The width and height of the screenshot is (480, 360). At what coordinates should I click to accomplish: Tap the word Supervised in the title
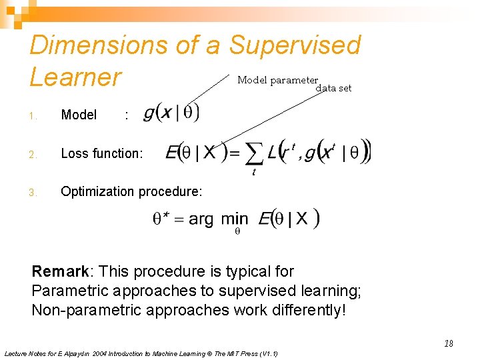[x=295, y=45]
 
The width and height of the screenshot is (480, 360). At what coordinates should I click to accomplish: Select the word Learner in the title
[x=75, y=77]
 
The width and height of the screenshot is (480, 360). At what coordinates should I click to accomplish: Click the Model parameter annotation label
[x=277, y=80]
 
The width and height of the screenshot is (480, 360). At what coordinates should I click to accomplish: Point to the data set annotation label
[x=333, y=88]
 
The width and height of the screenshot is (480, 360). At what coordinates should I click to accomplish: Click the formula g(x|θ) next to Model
[x=171, y=113]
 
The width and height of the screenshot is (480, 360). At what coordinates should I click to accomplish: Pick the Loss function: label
[x=101, y=153]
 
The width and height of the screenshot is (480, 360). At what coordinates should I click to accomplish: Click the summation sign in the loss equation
[x=253, y=155]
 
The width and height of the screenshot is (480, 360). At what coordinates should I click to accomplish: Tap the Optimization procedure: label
[x=131, y=191]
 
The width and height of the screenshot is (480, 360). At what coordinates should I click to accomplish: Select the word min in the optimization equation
[x=235, y=218]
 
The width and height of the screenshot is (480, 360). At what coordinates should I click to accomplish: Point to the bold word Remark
[x=60, y=271]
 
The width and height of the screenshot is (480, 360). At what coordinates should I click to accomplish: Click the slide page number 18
[x=448, y=343]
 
